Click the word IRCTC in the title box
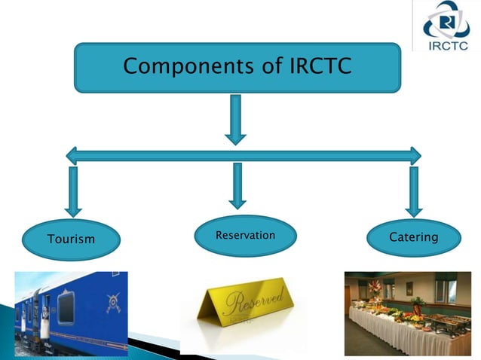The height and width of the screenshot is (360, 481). [x=321, y=66]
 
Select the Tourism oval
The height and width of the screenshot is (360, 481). [x=72, y=239]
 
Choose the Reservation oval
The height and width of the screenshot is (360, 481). [x=245, y=236]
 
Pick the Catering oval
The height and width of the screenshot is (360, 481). [x=413, y=237]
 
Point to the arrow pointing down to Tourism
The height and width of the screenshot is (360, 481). [x=73, y=191]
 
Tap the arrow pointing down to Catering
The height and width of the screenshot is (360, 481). [x=413, y=191]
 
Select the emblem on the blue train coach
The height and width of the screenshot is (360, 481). [x=113, y=302]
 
